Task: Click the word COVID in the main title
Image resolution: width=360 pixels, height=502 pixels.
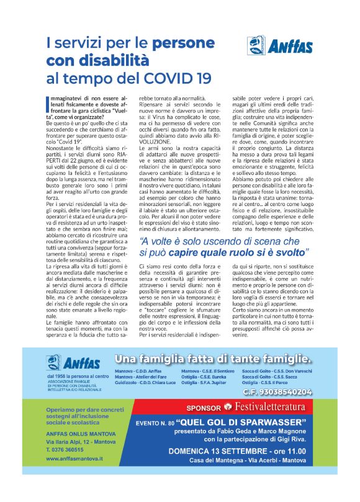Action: tap(173, 79)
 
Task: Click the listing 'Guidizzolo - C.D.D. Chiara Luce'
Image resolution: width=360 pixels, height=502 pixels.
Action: tap(145, 383)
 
